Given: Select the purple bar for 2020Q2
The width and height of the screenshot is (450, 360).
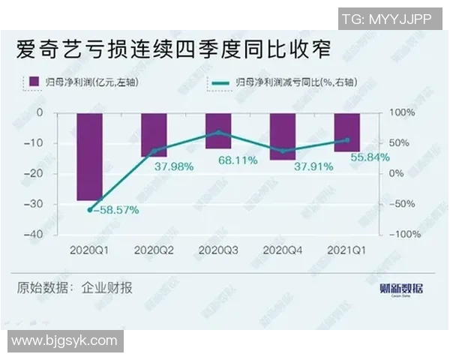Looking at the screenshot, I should [x=154, y=134].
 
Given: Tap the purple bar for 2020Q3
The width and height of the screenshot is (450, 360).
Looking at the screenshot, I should [x=218, y=130].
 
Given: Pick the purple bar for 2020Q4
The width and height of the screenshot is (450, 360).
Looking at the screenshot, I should [x=283, y=136].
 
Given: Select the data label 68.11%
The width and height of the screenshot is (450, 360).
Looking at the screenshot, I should [x=238, y=160].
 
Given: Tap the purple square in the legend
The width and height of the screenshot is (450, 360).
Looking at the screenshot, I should [x=32, y=82].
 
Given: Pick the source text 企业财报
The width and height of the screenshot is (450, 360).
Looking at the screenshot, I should [x=106, y=288].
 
